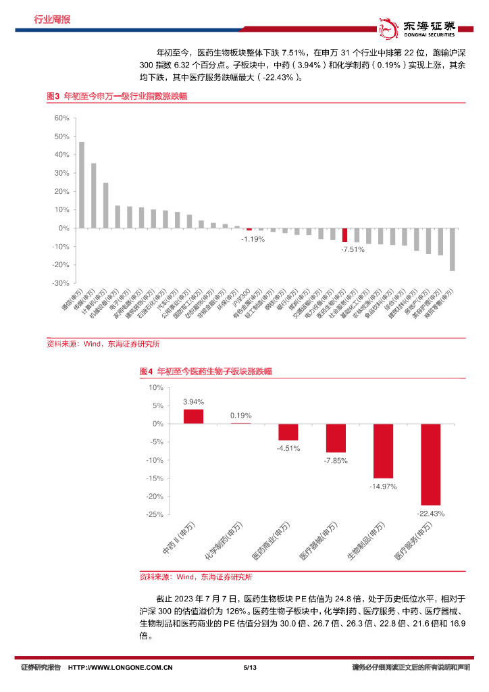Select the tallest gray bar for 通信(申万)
[x=82, y=185]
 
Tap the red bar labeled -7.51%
[x=344, y=234]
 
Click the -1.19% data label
[x=253, y=239]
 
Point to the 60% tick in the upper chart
[x=61, y=118]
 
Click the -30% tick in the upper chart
[x=61, y=283]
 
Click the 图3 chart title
[x=116, y=97]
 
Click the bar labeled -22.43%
[x=430, y=465]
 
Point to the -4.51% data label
[x=288, y=448]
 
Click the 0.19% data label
[x=240, y=416]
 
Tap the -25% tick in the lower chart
[x=154, y=515]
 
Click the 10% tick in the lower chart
[x=156, y=388]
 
